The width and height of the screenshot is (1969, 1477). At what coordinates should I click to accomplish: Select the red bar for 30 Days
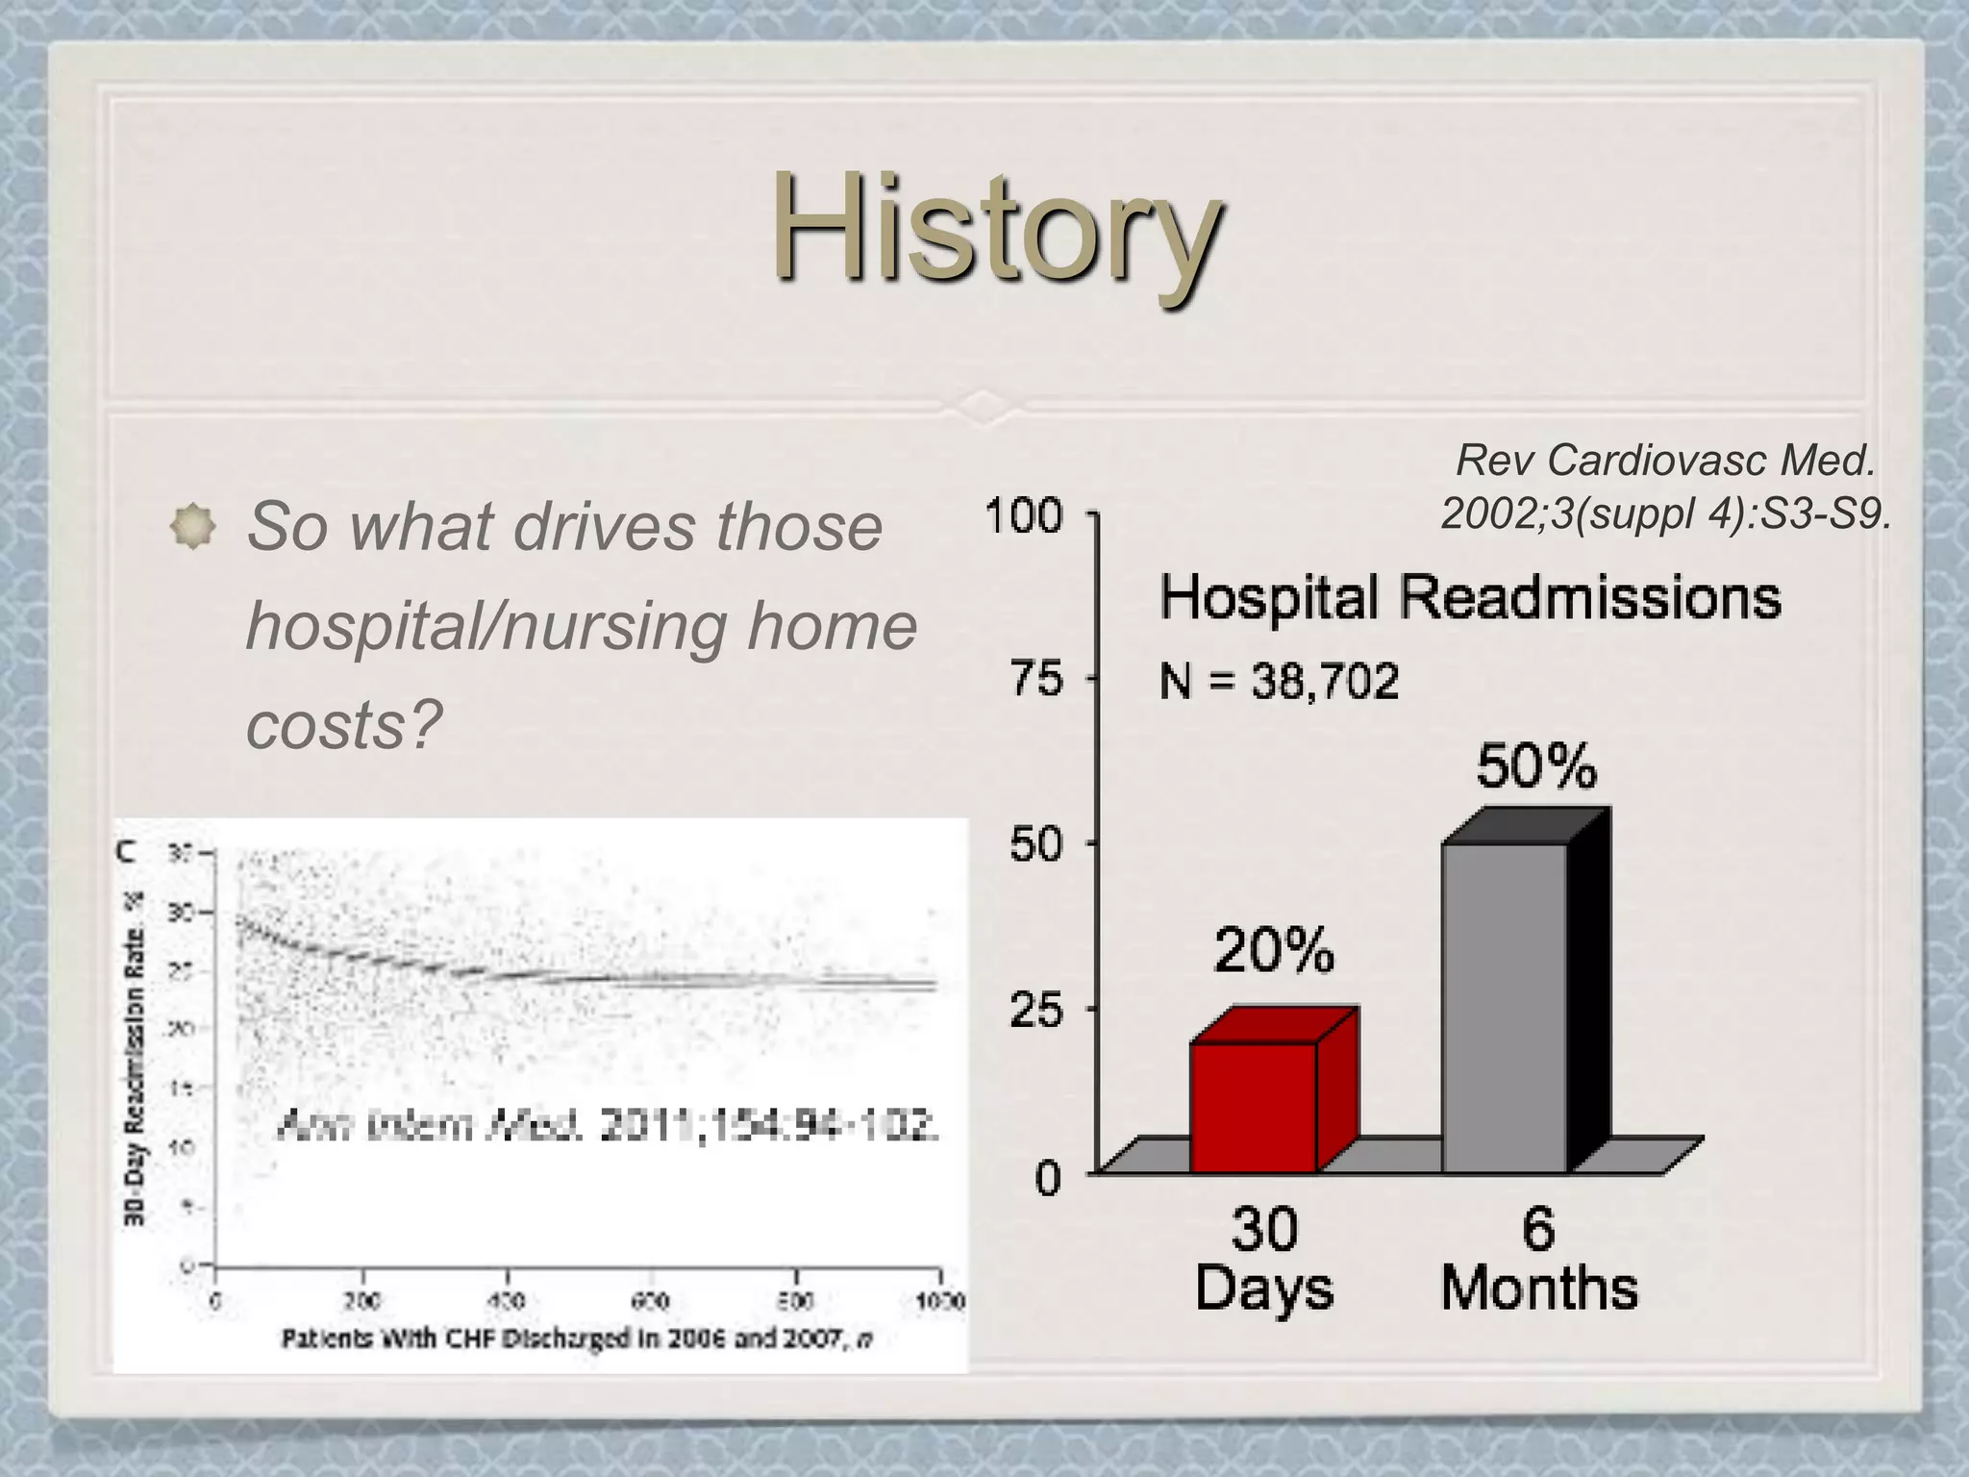tap(1253, 1106)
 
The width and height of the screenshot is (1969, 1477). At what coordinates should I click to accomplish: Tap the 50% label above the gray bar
tap(1535, 766)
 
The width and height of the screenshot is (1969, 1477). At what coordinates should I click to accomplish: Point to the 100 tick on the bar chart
tap(1024, 515)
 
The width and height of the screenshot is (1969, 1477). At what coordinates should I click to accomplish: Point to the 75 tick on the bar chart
tap(1036, 679)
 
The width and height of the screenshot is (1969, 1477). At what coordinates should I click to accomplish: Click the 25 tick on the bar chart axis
tap(1036, 1010)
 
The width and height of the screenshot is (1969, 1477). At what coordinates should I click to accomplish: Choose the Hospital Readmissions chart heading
tap(1470, 597)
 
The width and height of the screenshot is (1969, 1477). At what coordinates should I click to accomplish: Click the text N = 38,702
tap(1279, 682)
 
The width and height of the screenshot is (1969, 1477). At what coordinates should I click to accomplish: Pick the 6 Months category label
tap(1538, 1259)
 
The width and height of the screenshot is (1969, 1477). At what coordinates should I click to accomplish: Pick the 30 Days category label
tap(1264, 1259)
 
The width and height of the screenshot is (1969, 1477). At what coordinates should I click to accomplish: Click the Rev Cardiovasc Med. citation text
tap(1665, 488)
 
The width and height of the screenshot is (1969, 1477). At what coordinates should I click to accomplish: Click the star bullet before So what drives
tap(193, 526)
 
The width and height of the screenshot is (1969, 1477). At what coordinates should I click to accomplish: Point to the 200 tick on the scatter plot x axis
tap(362, 1301)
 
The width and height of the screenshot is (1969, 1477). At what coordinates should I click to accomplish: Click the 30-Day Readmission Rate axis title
tap(135, 1058)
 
